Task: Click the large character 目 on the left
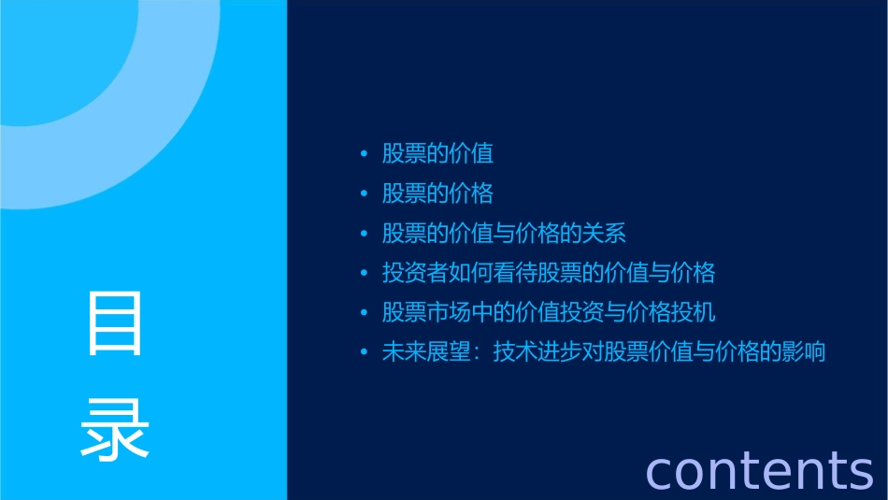(115, 323)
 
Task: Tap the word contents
(759, 469)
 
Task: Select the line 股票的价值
(437, 153)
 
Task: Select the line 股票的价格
(437, 193)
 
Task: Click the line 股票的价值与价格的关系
(504, 233)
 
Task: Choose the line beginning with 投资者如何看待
(549, 273)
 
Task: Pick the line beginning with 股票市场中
(549, 312)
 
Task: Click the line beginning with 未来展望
(604, 352)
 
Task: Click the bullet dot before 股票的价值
(365, 154)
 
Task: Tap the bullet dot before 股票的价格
(365, 194)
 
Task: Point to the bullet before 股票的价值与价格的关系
(365, 234)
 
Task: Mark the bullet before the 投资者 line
(365, 274)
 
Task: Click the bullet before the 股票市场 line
(365, 313)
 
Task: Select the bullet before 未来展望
(365, 353)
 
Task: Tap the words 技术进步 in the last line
(537, 352)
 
